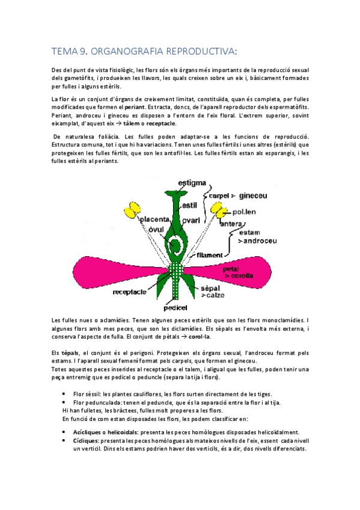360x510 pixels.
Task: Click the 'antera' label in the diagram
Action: [231, 224]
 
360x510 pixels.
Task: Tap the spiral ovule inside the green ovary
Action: [176, 245]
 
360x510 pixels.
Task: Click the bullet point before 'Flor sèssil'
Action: [64, 395]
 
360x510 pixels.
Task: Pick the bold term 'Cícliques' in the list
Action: [85, 440]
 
